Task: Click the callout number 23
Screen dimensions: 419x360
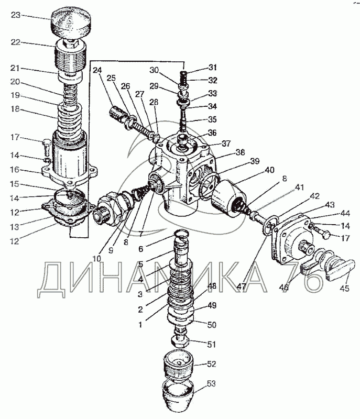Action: (15, 15)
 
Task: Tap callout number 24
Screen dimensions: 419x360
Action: (97, 71)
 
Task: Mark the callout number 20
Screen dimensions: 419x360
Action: (15, 82)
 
